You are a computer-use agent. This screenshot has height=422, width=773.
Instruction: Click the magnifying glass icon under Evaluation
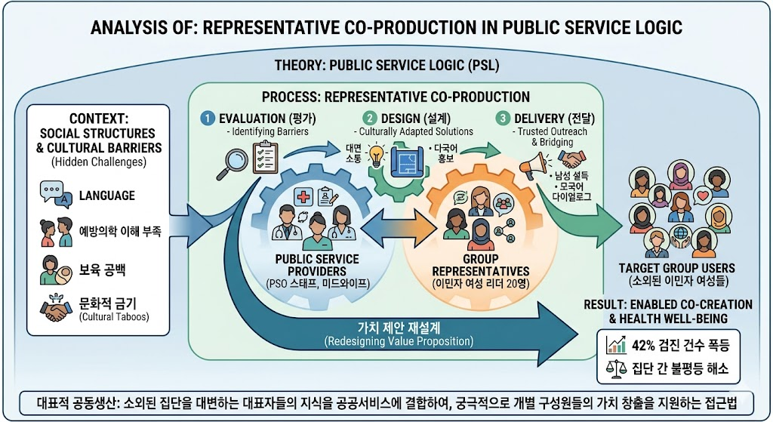pos(233,164)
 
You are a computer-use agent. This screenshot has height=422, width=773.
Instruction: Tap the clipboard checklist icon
pos(265,157)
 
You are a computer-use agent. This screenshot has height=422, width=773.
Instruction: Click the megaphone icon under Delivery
pos(534,165)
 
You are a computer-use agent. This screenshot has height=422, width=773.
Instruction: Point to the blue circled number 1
pos(208,119)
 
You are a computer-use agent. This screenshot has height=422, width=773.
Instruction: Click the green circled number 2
pos(369,119)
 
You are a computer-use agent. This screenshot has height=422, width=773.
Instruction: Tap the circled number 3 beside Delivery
pos(502,119)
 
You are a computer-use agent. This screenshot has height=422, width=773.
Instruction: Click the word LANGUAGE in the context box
pos(107,196)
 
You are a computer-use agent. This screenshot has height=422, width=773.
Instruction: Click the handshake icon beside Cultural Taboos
pos(56,309)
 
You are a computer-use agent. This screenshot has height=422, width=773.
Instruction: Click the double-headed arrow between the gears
pos(399,228)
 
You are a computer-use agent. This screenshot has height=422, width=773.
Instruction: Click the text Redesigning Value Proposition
pos(399,341)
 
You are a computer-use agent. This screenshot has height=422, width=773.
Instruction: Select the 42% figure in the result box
pos(643,345)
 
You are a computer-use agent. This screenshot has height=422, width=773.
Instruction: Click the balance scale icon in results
pos(616,368)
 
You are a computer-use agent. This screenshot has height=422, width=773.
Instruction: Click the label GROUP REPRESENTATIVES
pos(481,265)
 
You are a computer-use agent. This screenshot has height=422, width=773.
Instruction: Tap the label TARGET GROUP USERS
pos(677,268)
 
